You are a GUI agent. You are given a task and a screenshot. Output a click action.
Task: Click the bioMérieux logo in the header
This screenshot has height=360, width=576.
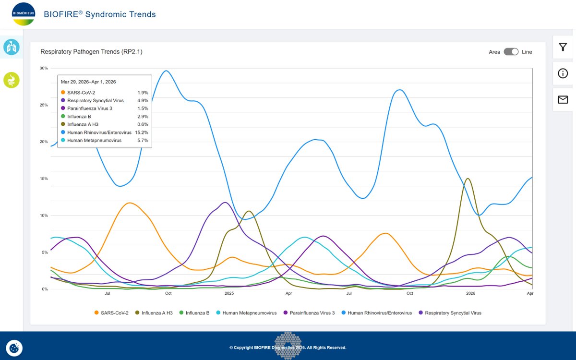24,14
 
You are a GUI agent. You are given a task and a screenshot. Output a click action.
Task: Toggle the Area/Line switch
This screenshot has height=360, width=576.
511,52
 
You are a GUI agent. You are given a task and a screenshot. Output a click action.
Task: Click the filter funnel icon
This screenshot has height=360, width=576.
563,47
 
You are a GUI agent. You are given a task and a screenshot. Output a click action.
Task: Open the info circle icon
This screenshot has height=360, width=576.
563,73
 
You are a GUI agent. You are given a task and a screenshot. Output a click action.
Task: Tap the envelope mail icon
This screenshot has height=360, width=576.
563,99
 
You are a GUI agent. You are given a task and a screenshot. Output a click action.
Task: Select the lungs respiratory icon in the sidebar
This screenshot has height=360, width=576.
12,47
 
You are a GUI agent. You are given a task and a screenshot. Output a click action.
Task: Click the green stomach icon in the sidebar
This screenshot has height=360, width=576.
12,80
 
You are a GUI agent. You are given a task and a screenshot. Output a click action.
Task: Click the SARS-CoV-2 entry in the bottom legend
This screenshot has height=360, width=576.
111,313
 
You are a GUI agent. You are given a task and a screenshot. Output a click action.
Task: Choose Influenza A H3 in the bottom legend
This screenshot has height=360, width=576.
154,313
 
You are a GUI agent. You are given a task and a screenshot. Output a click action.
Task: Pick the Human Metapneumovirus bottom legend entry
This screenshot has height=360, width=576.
246,313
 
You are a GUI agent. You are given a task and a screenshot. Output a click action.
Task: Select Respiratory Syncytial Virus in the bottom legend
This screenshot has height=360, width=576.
450,313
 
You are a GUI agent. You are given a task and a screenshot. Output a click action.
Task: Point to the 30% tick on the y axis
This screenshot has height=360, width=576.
44,68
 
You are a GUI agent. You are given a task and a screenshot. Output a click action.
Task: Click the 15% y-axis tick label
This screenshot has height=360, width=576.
44,179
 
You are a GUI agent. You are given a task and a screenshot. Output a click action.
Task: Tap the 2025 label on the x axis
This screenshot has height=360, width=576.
229,293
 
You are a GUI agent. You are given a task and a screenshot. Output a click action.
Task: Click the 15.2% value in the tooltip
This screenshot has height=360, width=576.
142,132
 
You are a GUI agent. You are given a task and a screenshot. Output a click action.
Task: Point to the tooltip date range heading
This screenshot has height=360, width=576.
88,82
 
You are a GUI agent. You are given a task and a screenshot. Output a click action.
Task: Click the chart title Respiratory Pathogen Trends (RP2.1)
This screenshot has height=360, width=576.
91,52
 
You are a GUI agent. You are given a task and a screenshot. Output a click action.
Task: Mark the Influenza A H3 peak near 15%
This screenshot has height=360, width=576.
468,179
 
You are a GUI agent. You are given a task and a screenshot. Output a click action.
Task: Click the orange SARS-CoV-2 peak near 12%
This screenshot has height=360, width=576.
130,203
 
